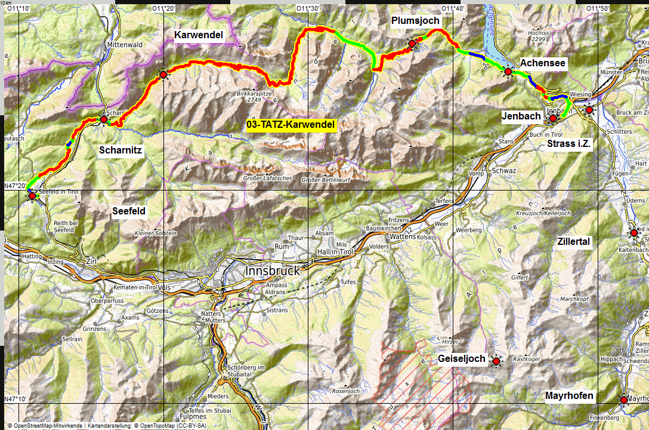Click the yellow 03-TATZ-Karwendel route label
(292, 125)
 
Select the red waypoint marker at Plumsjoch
(412, 43)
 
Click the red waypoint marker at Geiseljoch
(496, 361)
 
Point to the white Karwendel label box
(199, 35)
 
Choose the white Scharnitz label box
(120, 150)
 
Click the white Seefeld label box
(129, 211)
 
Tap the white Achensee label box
(542, 63)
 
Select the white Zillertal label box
(573, 241)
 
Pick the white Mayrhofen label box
(569, 396)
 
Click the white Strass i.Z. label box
(568, 143)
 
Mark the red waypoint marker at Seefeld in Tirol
(32, 195)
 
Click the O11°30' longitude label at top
(308, 8)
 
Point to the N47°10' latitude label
(15, 398)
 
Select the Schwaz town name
(500, 170)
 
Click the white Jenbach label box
(521, 116)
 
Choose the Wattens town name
(403, 237)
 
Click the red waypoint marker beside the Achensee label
(508, 72)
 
